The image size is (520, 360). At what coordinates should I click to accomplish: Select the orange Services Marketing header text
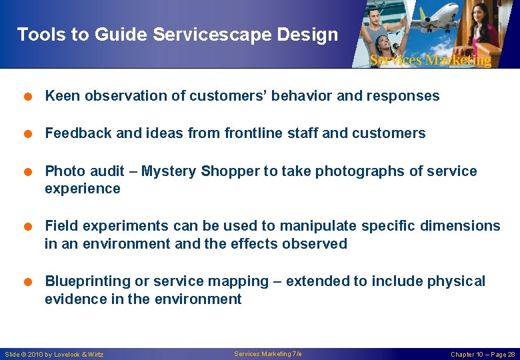point(430,60)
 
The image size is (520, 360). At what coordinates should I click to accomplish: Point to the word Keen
point(60,96)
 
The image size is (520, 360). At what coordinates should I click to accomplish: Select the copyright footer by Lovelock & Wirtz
point(54,354)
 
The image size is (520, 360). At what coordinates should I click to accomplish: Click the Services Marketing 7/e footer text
point(268,353)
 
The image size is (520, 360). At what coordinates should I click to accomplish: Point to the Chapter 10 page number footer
point(483,354)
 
